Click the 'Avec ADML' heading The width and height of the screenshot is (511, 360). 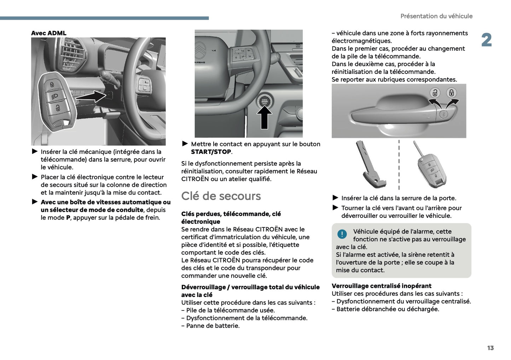48,33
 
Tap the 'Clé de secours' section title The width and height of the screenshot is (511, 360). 221,196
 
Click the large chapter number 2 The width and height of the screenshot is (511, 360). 486,40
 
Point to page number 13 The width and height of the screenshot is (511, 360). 490,348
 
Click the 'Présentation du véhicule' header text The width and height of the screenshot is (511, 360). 436,16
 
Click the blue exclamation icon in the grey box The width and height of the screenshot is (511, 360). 342,234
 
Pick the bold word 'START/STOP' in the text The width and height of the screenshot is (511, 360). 211,152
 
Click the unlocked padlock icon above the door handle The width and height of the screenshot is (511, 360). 435,93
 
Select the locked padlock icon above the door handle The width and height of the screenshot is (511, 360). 451,93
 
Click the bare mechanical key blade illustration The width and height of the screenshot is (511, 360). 369,164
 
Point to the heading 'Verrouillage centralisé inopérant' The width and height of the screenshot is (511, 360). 381,286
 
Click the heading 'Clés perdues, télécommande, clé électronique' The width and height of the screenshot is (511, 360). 231,218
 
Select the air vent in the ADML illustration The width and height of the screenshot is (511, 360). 72,55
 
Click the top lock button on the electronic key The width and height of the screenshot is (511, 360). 52,85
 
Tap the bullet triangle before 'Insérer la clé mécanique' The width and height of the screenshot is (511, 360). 35,152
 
